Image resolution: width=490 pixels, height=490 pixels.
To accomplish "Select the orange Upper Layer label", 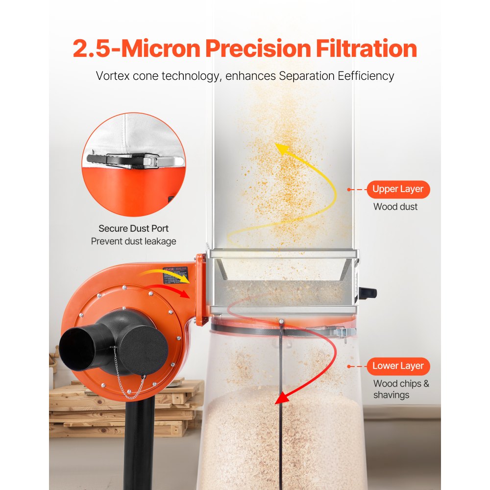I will pyautogui.click(x=397, y=189).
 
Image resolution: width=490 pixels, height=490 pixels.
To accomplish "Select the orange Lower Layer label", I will pyautogui.click(x=397, y=366).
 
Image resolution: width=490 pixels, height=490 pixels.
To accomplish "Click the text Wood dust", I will pyautogui.click(x=395, y=207).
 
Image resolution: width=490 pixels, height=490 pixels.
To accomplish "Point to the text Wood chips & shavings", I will pyautogui.click(x=400, y=389).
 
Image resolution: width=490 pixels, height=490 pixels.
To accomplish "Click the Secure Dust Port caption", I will pyautogui.click(x=133, y=228).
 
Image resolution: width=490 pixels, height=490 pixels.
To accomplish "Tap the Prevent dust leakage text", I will pyautogui.click(x=133, y=241).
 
